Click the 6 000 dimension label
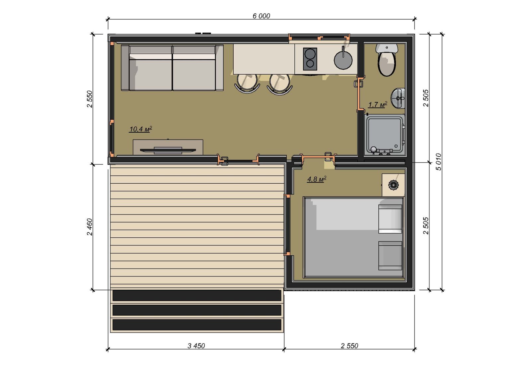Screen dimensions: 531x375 pos(261,16)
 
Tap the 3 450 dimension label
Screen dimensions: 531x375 pos(196,346)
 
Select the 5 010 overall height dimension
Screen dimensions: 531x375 pos(438,162)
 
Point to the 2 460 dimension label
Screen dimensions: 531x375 pos(90,227)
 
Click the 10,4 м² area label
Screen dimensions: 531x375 pos(141,129)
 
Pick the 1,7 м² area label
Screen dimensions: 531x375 pos(378,104)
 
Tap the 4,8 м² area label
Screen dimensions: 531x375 pos(317,179)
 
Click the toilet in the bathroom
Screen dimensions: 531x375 pos(387,60)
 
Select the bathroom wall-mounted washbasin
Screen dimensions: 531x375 pos(398,98)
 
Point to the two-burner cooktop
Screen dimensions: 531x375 pos(310,59)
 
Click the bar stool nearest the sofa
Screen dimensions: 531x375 pos(247,83)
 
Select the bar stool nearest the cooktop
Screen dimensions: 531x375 pos(280,84)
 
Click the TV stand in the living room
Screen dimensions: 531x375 pos(168,147)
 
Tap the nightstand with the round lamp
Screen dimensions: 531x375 pos(393,185)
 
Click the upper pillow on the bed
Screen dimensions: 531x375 pos(390,219)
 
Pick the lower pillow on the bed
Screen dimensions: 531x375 pos(390,256)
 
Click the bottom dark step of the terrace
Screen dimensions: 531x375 pos(197,324)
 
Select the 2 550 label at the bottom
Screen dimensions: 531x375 pos(349,346)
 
